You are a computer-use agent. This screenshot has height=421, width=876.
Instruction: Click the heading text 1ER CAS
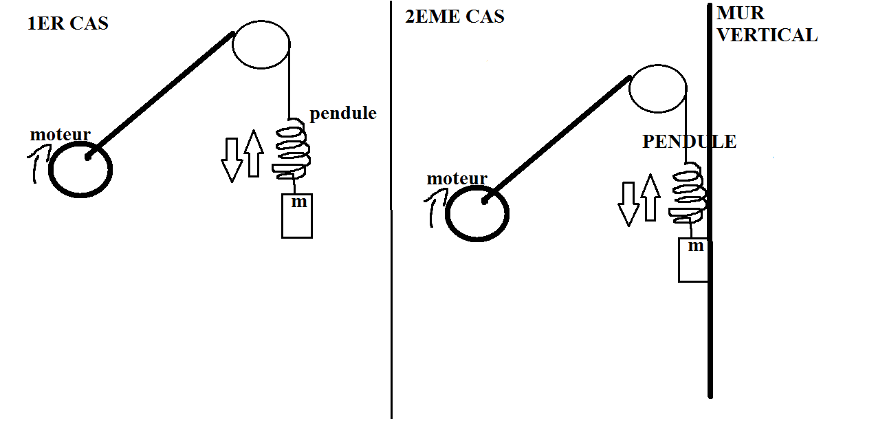67,24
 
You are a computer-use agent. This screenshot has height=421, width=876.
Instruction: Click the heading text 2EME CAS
455,17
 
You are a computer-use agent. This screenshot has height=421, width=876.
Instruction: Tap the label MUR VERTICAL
767,25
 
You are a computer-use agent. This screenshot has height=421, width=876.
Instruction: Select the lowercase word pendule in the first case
343,113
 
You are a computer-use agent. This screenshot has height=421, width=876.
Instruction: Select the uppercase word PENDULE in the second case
689,142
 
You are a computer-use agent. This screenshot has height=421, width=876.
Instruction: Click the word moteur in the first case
61,135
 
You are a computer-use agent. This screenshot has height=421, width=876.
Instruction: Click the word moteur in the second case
457,179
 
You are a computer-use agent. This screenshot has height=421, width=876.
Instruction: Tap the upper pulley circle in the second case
658,90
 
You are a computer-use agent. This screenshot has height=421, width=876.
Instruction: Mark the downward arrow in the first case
232,159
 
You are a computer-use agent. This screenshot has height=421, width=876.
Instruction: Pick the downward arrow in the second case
628,204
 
